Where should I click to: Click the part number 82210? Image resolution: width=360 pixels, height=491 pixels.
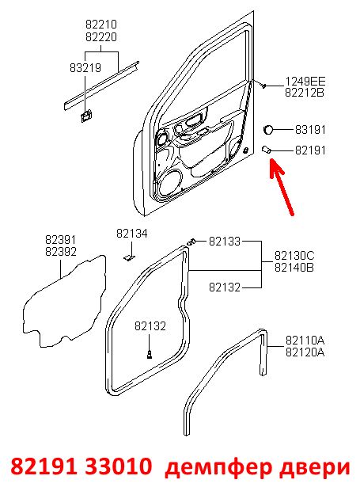pyautogui.click(x=101, y=24)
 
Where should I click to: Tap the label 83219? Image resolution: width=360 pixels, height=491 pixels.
pyautogui.click(x=85, y=67)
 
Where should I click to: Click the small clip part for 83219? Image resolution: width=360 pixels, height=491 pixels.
pyautogui.click(x=85, y=116)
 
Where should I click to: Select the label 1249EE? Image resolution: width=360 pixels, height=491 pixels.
pyautogui.click(x=305, y=82)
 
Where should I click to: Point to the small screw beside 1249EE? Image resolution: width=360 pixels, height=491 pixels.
pyautogui.click(x=264, y=86)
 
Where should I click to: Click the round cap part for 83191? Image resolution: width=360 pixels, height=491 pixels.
pyautogui.click(x=268, y=129)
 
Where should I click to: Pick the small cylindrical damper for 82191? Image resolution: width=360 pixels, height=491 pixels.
pyautogui.click(x=266, y=150)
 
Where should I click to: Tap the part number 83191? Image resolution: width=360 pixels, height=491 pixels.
pyautogui.click(x=310, y=130)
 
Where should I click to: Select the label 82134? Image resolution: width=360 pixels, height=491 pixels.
pyautogui.click(x=131, y=234)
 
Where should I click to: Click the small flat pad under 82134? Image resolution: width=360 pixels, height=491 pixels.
pyautogui.click(x=129, y=257)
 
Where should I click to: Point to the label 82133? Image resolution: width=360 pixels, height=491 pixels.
pyautogui.click(x=225, y=242)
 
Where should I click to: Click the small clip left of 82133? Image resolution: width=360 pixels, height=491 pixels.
pyautogui.click(x=191, y=242)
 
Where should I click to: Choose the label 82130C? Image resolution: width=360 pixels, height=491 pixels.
pyautogui.click(x=294, y=256)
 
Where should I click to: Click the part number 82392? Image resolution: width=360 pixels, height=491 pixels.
pyautogui.click(x=61, y=252)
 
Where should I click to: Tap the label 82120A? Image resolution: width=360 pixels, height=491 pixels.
pyautogui.click(x=305, y=352)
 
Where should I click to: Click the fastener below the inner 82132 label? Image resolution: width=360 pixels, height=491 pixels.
pyautogui.click(x=150, y=354)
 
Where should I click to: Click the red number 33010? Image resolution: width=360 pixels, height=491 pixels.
pyautogui.click(x=118, y=466)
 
